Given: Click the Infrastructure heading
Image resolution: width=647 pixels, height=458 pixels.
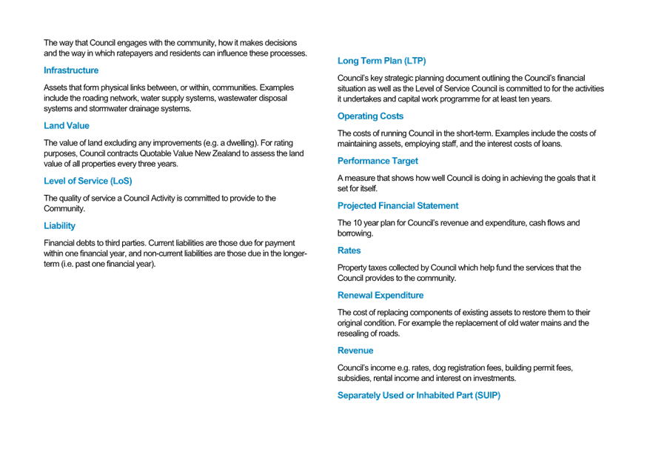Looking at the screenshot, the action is coord(71,70).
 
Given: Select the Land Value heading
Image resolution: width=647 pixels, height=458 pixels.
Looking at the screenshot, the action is coord(67,125).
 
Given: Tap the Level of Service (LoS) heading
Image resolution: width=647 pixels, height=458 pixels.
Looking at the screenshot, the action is coord(88,181).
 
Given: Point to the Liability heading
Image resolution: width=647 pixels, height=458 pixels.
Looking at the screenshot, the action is coord(59,226).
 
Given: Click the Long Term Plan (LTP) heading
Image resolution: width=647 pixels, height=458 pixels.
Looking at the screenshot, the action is coord(382,61).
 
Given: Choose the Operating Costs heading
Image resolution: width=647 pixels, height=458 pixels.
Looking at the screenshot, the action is coord(371,116).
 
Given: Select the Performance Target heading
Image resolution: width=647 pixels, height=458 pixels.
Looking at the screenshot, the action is coord(378,161).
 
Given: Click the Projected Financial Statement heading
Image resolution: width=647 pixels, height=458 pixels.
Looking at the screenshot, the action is coord(398,206).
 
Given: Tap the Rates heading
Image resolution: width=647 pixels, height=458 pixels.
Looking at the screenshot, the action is coord(349,250).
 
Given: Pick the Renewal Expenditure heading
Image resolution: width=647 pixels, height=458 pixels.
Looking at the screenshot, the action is coord(381,295).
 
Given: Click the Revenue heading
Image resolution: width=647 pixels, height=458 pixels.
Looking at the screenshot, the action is coord(355,351).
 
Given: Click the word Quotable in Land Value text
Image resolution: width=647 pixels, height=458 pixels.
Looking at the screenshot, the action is coord(154,153).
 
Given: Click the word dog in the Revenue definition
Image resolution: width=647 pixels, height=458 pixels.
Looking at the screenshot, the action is coord(439,368).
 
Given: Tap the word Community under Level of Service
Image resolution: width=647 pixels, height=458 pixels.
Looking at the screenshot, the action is coord(64,208).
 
